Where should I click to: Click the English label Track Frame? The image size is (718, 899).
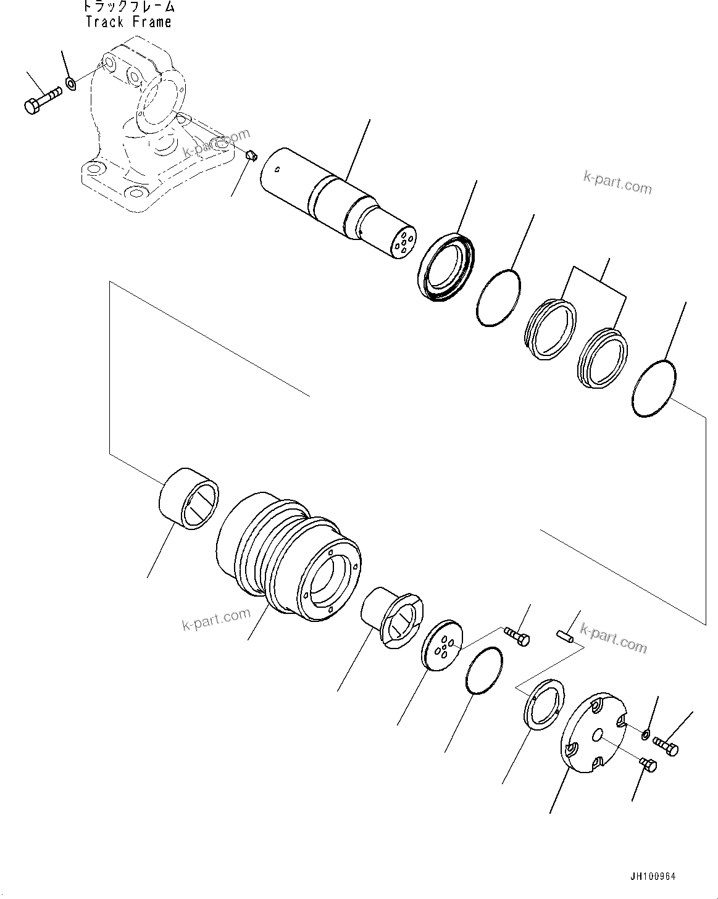coord(128,22)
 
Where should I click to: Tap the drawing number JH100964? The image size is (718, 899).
coord(653,877)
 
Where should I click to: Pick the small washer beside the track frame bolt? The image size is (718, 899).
coord(71,82)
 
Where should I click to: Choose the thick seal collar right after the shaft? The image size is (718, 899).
coord(447,267)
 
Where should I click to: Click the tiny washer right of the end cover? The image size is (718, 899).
coord(645,734)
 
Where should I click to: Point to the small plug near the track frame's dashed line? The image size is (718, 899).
coord(251,155)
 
